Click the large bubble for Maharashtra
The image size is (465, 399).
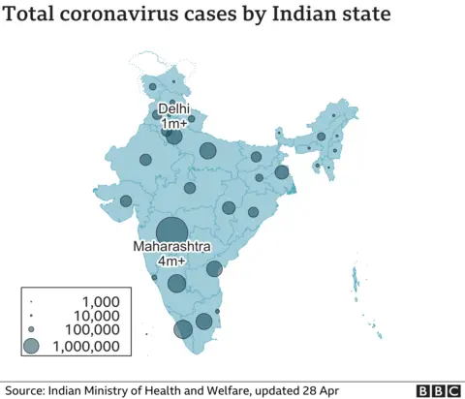point(171,231)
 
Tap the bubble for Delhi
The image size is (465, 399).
point(173,137)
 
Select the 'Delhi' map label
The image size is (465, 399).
point(174,109)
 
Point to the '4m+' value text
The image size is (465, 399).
point(171,262)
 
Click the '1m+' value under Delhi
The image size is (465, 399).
point(174,124)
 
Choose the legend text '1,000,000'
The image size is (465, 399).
point(86,346)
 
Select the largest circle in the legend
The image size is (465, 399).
point(32,346)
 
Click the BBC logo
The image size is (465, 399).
point(438,390)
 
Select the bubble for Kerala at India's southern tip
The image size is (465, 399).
point(183,329)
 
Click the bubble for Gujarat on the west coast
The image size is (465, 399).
point(126,201)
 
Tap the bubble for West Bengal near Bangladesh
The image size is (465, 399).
point(282,172)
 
